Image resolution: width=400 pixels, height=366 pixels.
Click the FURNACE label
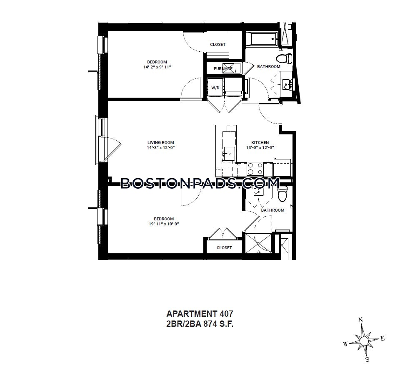(x=223, y=68)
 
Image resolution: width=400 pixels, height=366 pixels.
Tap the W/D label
(x=215, y=88)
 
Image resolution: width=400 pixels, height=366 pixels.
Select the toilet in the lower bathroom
(x=282, y=194)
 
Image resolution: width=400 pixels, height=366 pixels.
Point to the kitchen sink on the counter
(x=229, y=154)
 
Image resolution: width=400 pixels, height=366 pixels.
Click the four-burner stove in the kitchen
(x=255, y=169)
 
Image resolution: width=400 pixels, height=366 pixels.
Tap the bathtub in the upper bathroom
(x=262, y=39)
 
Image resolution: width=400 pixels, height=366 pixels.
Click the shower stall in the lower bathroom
(x=258, y=243)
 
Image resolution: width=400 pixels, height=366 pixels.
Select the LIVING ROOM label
(x=161, y=143)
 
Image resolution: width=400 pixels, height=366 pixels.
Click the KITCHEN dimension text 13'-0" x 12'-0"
(x=260, y=147)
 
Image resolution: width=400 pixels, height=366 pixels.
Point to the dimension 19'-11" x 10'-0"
(x=164, y=224)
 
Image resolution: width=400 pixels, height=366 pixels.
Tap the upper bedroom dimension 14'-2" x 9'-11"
(x=157, y=67)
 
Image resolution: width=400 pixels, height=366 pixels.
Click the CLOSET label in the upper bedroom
(x=217, y=45)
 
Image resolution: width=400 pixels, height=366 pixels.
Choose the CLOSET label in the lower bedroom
(x=224, y=247)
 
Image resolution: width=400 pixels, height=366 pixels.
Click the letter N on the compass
(x=361, y=320)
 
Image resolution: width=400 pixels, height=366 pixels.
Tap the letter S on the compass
(x=367, y=360)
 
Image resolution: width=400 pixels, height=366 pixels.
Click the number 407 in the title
(x=225, y=313)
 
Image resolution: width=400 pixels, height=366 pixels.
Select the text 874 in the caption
(x=210, y=324)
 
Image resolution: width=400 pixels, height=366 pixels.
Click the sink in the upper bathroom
(x=287, y=84)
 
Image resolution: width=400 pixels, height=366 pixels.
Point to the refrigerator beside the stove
(x=282, y=168)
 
